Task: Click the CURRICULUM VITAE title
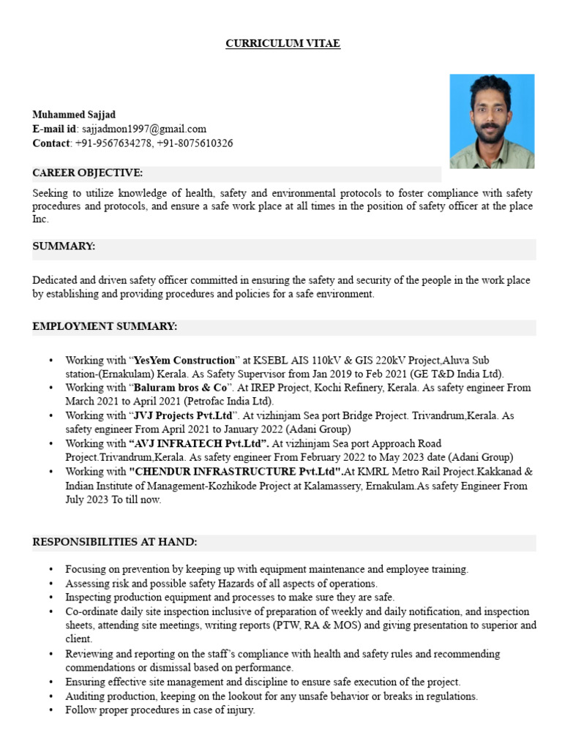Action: point(282,44)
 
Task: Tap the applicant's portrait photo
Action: point(492,121)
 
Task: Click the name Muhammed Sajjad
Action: point(74,115)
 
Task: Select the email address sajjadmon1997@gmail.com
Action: point(143,129)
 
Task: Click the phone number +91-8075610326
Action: point(195,143)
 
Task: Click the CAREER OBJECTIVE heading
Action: point(88,173)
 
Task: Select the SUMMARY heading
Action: point(64,246)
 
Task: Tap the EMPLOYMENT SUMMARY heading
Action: point(105,326)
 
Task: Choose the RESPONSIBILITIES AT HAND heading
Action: point(115,542)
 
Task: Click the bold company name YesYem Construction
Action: point(184,361)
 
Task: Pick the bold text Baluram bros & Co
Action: point(180,388)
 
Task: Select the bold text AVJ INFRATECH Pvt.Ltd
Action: point(198,443)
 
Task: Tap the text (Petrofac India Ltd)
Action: point(228,402)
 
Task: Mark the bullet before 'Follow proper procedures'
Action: point(50,710)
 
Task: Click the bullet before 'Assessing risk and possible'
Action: point(50,584)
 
